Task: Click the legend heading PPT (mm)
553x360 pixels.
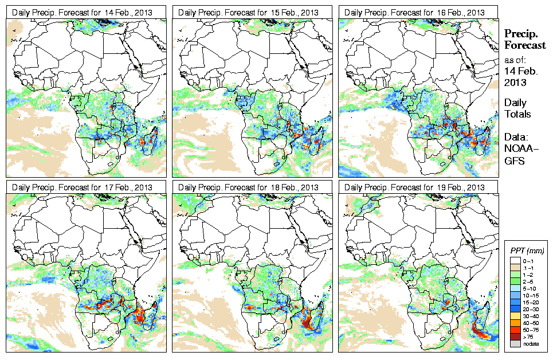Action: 527,251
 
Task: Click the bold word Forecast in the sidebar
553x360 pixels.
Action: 524,45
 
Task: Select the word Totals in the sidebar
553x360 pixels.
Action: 517,114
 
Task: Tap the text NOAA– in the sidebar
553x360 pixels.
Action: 520,149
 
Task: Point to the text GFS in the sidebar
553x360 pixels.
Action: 514,161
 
